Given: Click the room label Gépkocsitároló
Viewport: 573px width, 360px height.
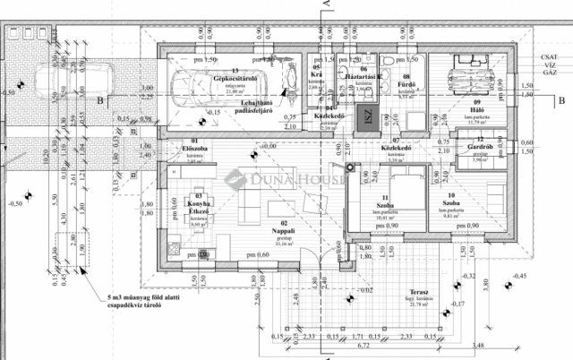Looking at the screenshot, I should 235,78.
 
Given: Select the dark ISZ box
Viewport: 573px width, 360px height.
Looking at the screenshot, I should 366,117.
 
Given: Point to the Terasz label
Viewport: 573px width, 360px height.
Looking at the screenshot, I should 399,294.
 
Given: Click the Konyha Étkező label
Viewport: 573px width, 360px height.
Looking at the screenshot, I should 200,205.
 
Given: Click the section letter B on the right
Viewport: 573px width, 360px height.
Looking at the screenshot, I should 560,101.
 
